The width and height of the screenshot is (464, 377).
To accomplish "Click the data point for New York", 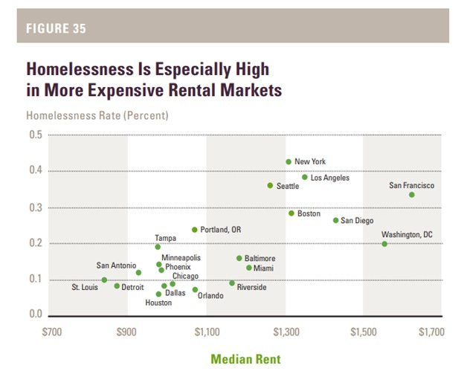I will [x=289, y=162].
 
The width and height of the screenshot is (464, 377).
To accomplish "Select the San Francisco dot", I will [x=412, y=195].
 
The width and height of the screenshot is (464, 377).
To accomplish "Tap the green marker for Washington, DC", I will [x=384, y=244].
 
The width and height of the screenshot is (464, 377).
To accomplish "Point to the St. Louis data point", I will [x=104, y=280].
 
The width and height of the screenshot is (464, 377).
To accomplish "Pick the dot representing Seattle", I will [x=270, y=185].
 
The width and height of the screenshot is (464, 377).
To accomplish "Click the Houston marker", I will [x=158, y=294].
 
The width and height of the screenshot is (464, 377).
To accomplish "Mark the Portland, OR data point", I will [x=195, y=230].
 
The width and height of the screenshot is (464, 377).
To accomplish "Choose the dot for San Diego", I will [x=335, y=220].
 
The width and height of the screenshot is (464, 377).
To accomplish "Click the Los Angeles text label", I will [x=329, y=178].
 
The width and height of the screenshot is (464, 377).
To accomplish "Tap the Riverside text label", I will [x=251, y=287].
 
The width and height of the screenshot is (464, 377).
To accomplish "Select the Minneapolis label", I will [x=181, y=257].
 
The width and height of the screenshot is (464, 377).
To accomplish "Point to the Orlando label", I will [x=210, y=296].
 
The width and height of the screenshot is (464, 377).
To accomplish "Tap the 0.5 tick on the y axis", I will [x=36, y=135].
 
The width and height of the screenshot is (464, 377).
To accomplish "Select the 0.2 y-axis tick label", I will [x=36, y=244].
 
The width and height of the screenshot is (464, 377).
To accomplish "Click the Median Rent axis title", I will [x=246, y=359].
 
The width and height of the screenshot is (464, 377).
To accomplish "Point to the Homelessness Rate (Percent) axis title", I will [x=97, y=116].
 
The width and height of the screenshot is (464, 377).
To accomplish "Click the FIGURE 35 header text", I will [x=57, y=29].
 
